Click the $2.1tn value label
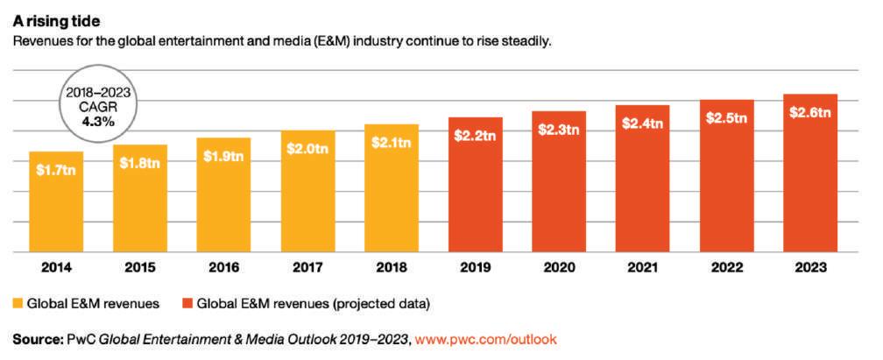pyautogui.click(x=392, y=142)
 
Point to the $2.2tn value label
pyautogui.click(x=476, y=136)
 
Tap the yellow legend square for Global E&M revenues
pyautogui.click(x=18, y=304)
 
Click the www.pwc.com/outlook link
pyautogui.click(x=486, y=339)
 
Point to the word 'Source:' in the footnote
pyautogui.click(x=37, y=339)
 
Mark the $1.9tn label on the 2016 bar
pyautogui.click(x=224, y=156)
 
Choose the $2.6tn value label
pyautogui.click(x=810, y=112)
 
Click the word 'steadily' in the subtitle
pyautogui.click(x=525, y=40)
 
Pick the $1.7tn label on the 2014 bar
pyautogui.click(x=56, y=170)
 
